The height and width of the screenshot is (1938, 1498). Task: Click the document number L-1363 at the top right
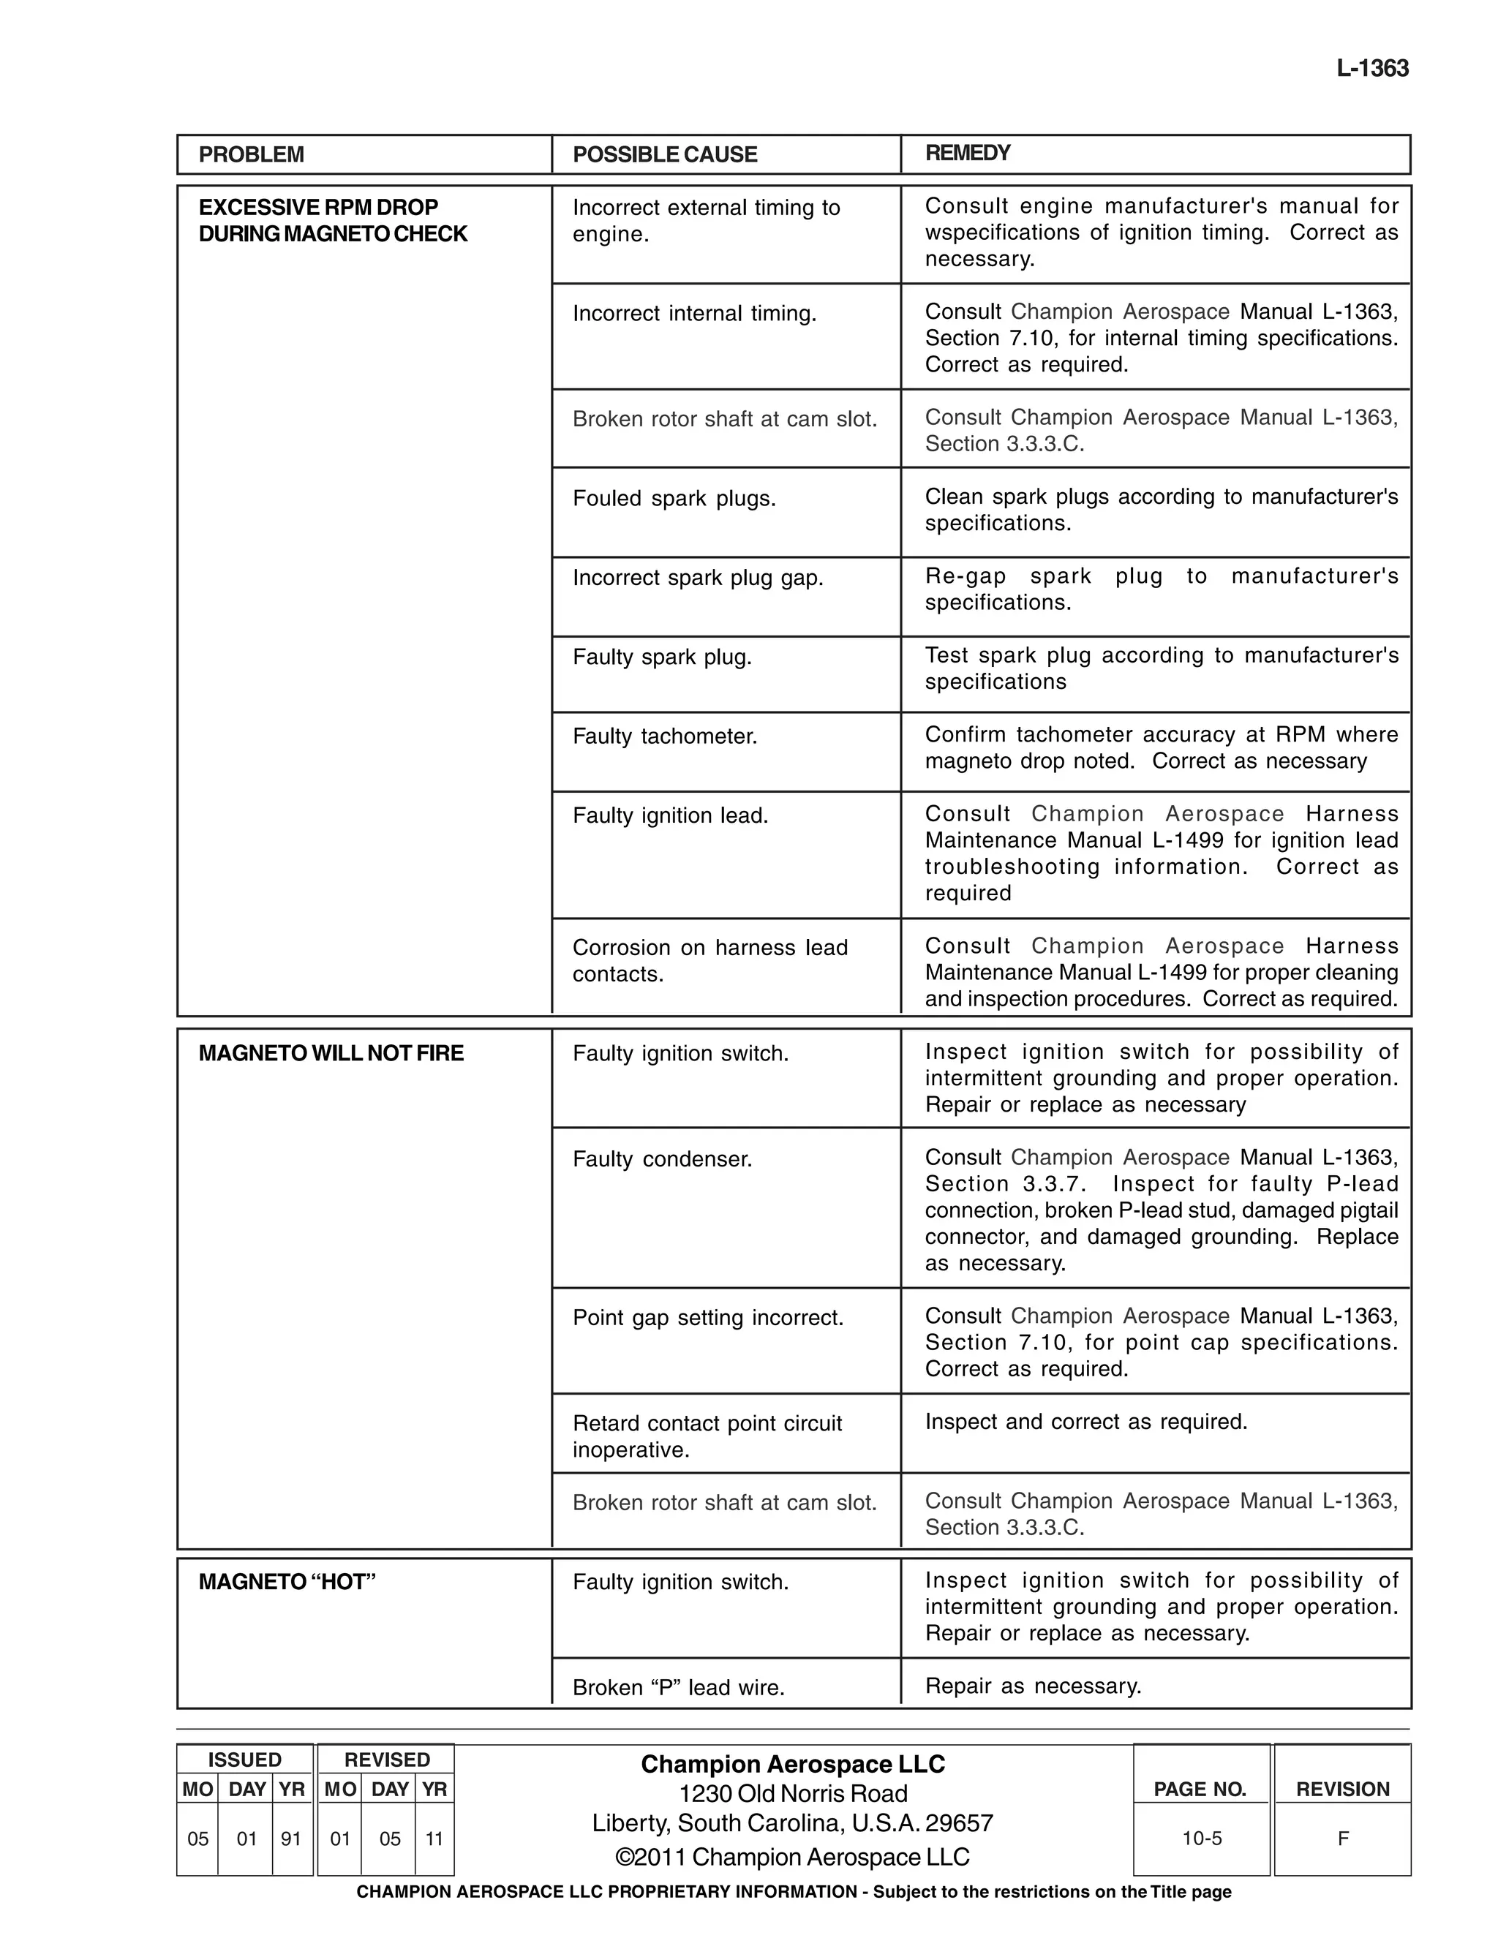tap(1372, 68)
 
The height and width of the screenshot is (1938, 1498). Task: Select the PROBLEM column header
tap(251, 154)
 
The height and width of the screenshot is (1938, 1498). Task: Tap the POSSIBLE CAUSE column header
tap(665, 154)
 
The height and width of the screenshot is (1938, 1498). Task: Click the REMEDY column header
tap(967, 153)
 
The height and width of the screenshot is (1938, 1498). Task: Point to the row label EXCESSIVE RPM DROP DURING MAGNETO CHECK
tap(332, 220)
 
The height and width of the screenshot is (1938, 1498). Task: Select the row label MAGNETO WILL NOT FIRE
tap(331, 1053)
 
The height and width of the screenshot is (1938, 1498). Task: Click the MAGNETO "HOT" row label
tap(287, 1582)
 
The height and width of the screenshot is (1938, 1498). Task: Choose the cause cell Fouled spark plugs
tap(674, 499)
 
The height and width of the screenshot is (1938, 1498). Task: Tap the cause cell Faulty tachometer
tap(665, 736)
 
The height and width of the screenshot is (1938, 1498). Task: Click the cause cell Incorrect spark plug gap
tap(698, 578)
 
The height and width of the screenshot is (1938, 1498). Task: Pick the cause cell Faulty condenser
tap(662, 1159)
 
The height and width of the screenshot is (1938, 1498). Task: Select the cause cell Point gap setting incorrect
tap(707, 1318)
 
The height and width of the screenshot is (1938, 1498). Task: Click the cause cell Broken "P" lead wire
tap(678, 1688)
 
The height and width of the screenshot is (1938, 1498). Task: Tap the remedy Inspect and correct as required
tap(1086, 1422)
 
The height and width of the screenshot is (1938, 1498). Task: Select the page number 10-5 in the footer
tap(1202, 1839)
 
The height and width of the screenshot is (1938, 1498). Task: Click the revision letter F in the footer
tap(1343, 1839)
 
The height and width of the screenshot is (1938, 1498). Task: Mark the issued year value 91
tap(291, 1839)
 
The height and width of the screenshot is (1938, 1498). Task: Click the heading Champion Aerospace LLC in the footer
tap(792, 1764)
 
